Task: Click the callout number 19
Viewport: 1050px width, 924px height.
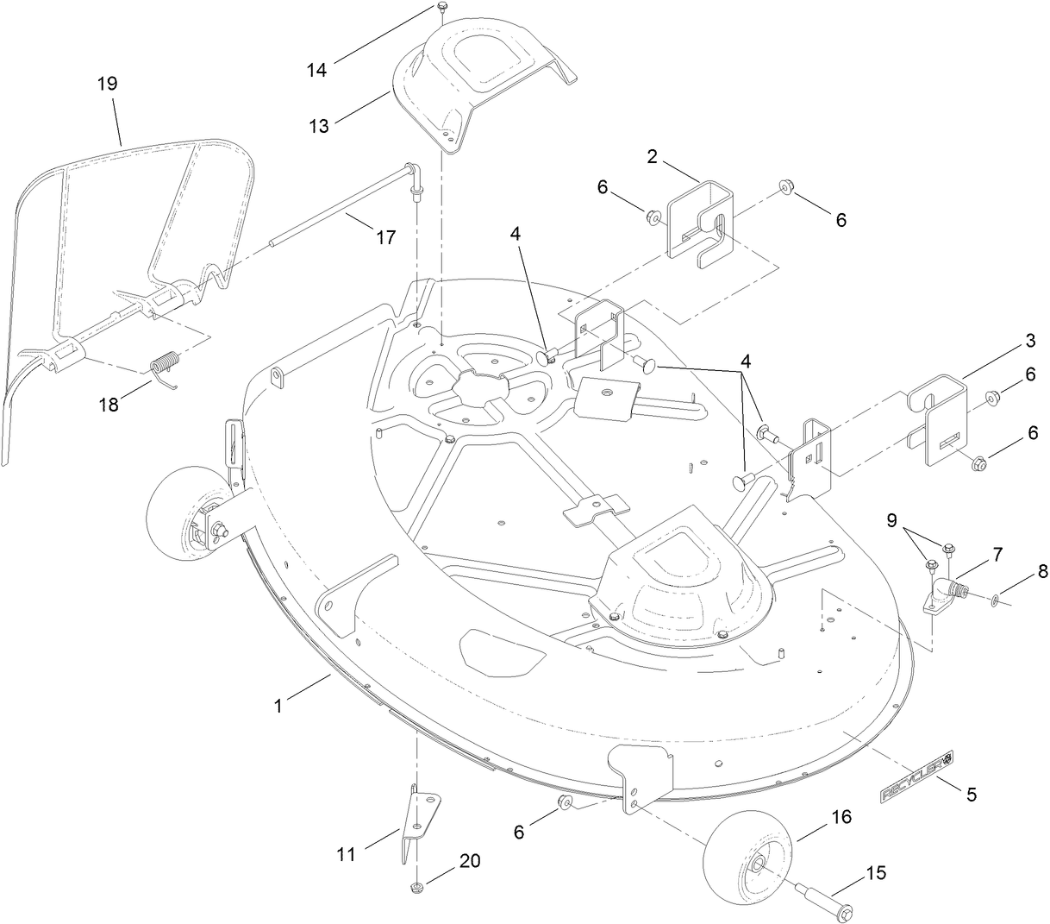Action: [x=108, y=84]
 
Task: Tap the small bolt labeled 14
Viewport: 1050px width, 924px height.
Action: [x=441, y=7]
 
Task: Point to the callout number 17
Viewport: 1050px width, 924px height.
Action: [x=386, y=236]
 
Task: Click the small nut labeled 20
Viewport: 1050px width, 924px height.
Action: [x=416, y=887]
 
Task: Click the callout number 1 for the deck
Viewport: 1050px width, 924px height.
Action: [x=278, y=705]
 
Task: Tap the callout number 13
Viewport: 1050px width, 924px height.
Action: [x=319, y=127]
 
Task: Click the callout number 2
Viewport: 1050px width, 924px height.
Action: [x=652, y=156]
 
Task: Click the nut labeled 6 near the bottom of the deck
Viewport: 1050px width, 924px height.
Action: [x=566, y=804]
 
